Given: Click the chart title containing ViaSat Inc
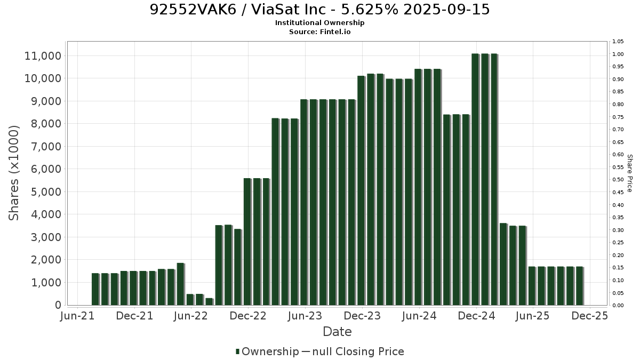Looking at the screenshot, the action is coord(319,10).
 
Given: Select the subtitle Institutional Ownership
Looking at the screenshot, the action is coord(319,23).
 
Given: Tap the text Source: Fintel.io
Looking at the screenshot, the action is coord(319,31).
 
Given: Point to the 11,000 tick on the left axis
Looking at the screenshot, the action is coord(43,56).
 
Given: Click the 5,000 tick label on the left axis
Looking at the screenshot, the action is coord(46,191).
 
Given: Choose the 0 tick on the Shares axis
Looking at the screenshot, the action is coord(58,305).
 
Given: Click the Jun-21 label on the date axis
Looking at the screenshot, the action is coord(77,316).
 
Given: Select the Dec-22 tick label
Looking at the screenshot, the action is coord(248,316).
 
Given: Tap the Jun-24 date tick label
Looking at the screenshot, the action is coord(419,316).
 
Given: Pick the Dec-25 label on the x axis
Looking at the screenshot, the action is coord(590,316).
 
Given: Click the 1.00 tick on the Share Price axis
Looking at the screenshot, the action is coord(618,54).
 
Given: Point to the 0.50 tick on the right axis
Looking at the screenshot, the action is coord(618,180).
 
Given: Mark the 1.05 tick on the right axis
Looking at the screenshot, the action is coord(618,42).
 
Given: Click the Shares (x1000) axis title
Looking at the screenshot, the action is coord(13,173).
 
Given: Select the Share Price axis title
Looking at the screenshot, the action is coord(629,173).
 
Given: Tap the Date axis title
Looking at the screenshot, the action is coord(337,332).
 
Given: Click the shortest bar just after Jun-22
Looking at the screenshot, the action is coord(210,302).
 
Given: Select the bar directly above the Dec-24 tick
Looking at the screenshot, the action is coord(475,179).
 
